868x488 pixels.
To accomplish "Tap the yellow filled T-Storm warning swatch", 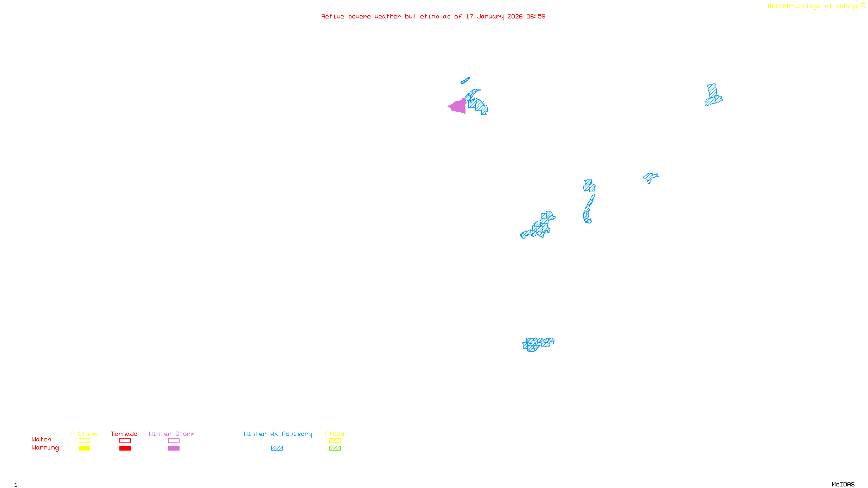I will pos(84,448).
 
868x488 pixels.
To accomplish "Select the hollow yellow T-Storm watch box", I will pos(84,441).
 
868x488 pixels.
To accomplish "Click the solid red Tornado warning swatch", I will pos(125,448).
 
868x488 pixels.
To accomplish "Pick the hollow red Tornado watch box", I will pos(125,441).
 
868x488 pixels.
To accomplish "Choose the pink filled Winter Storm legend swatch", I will pos(174,448).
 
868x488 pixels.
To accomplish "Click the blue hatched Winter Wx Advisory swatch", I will pos(277,448).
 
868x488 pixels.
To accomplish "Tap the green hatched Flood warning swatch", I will pos(335,448).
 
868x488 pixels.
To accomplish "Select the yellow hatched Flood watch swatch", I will pos(335,441).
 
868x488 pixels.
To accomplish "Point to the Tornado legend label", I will pos(124,434).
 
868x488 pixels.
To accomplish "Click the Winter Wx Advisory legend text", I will pos(278,434).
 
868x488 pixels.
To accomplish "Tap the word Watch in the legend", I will pos(42,440).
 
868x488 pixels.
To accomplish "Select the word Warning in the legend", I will pos(45,448).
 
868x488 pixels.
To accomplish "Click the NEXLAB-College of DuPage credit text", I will pos(813,7).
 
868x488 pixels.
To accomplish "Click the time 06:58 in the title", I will pos(535,16).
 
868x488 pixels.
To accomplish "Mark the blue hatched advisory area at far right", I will pos(713,95).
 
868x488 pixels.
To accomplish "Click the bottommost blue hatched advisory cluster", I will pos(538,344).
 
